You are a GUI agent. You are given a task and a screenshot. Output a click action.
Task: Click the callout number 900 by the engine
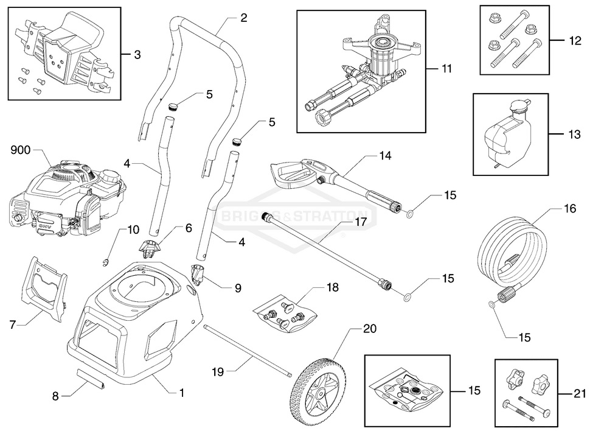21,149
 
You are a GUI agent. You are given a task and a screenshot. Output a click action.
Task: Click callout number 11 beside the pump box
448,69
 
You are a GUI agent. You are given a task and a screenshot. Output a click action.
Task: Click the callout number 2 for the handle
243,18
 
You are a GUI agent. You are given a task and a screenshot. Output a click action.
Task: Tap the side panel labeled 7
46,289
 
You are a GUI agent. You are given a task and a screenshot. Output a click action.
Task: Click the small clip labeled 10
104,262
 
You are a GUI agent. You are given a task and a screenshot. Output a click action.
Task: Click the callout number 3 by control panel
137,54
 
